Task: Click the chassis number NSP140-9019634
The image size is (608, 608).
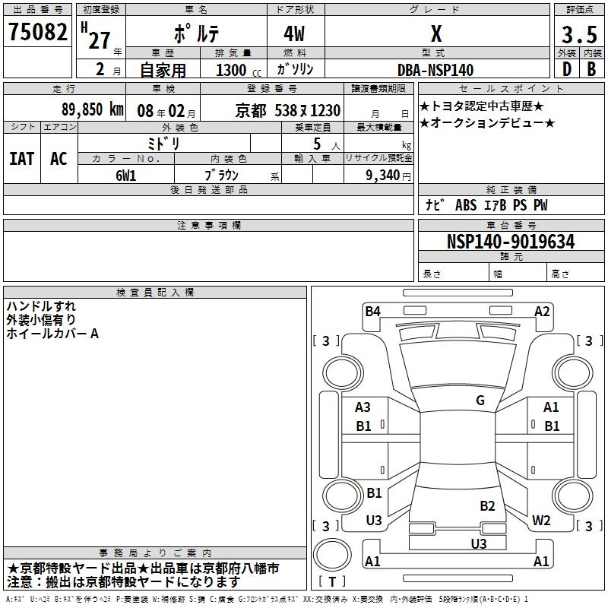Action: click(510, 242)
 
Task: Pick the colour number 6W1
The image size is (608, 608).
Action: click(125, 175)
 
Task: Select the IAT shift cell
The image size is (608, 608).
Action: click(21, 158)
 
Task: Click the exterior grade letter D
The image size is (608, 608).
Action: click(566, 69)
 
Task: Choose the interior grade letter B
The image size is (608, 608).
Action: click(591, 69)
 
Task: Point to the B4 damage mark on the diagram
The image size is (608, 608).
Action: click(372, 311)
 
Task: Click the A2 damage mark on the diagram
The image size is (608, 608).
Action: click(542, 311)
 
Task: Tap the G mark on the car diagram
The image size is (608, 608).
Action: click(480, 401)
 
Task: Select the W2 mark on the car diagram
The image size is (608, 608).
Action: click(541, 521)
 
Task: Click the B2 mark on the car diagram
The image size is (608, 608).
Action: click(487, 505)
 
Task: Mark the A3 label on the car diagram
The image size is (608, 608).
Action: click(363, 407)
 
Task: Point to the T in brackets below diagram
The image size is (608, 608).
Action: click(332, 582)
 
